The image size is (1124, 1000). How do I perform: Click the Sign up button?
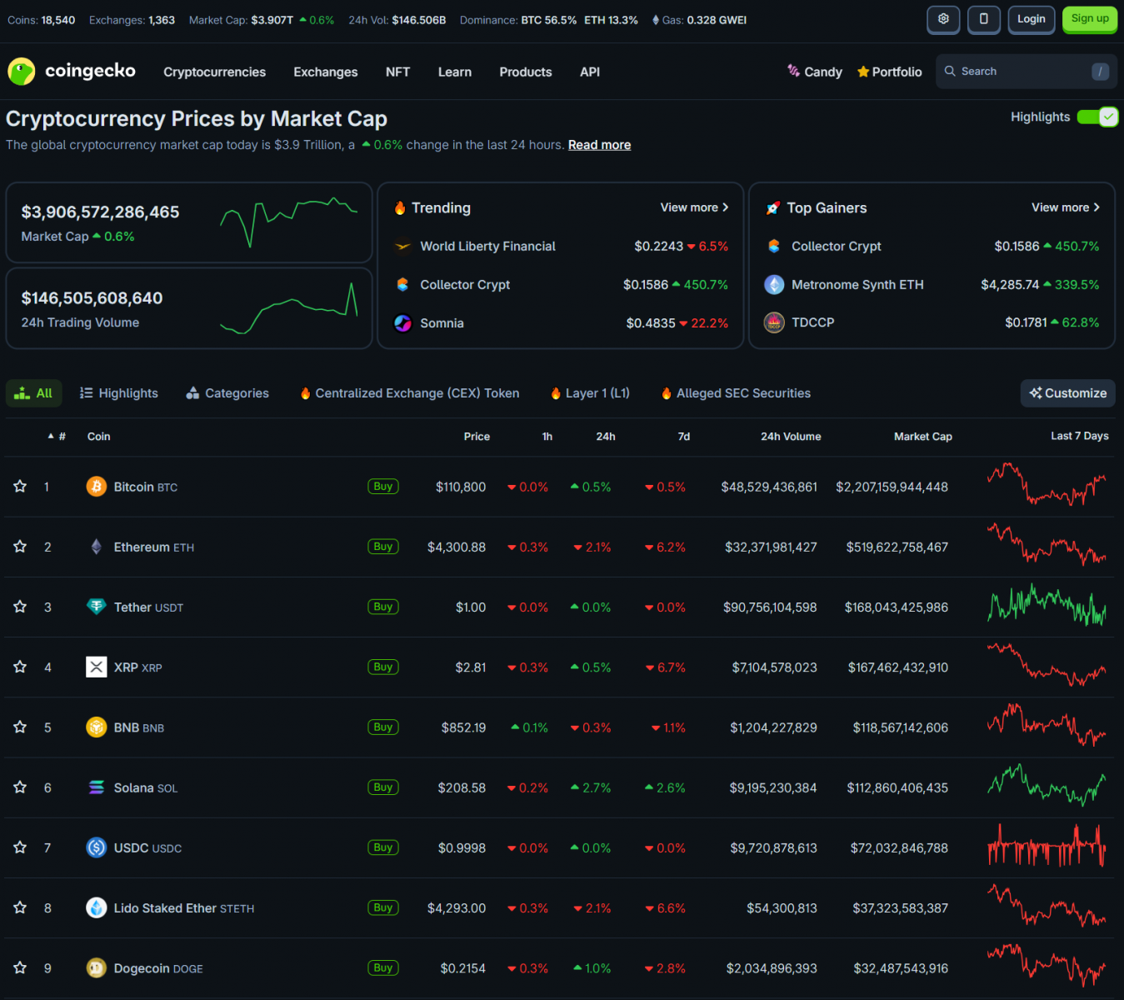coord(1089,19)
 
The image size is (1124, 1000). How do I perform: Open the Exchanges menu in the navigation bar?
coord(325,72)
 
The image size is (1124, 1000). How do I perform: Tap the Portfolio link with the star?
coord(889,72)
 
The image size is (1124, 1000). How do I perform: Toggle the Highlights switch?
coord(1097,117)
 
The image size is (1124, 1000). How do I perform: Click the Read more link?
coord(599,145)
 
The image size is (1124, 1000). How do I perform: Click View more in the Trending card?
coord(694,207)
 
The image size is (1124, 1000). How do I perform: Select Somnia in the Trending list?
coord(442,323)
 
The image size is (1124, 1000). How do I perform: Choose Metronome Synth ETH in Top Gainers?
coord(857,285)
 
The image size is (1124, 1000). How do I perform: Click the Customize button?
coord(1067,393)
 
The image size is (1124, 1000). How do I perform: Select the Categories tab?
coord(227,393)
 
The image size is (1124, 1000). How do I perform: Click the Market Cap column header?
coord(922,437)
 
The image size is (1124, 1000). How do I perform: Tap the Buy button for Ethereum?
coord(383,547)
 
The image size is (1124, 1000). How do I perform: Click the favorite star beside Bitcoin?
coord(20,487)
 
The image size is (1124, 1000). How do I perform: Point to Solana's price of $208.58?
coord(462,787)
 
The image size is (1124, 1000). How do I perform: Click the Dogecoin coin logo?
coord(97,968)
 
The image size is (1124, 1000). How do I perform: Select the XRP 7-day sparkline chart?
coord(1047,666)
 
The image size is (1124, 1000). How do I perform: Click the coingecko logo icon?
coord(21,72)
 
